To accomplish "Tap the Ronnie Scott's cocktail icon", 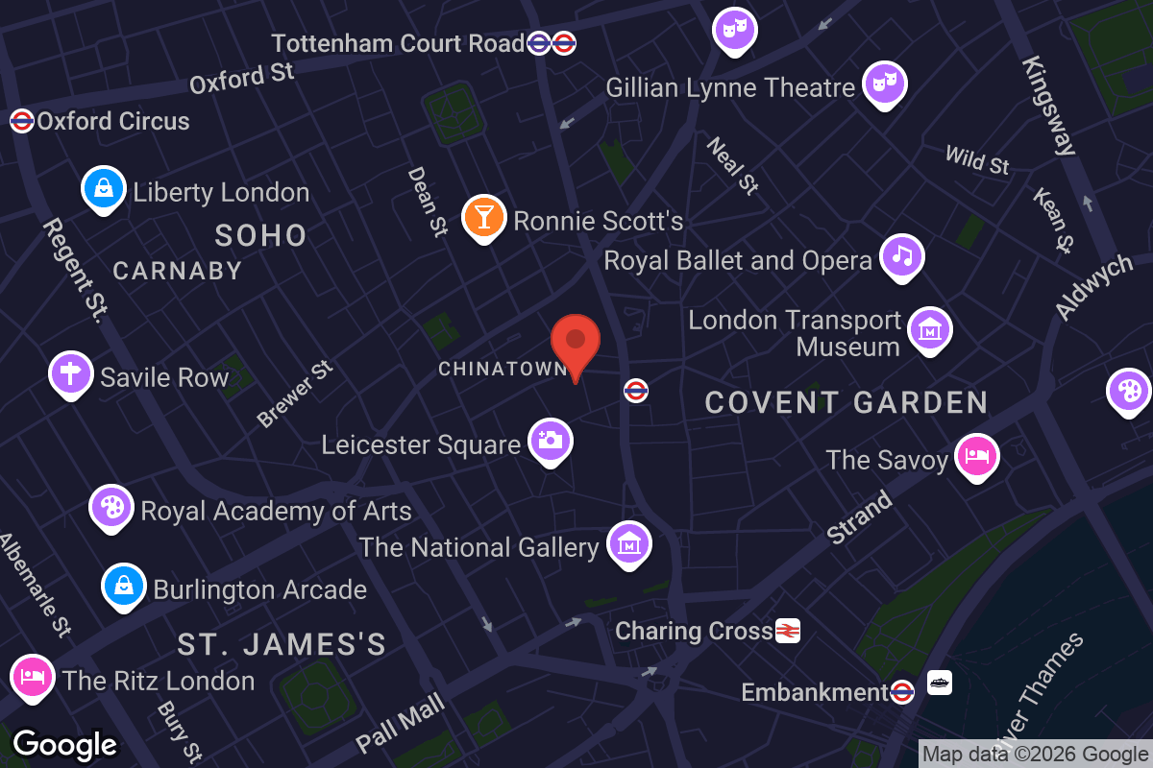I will pos(483,217).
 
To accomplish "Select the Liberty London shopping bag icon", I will pos(104,188).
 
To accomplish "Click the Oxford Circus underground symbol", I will pos(21,121).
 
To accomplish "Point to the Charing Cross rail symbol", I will pos(788,631).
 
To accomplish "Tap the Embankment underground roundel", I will pos(901,691).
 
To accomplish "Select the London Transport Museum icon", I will pos(929,329).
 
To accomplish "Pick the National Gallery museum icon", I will pos(629,543).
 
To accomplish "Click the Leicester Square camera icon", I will pos(551,441).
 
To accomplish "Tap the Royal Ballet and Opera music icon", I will pos(901,256).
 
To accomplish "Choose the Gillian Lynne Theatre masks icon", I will pos(882,84).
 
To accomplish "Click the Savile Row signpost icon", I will pos(71,372).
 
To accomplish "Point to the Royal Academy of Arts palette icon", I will pos(112,508).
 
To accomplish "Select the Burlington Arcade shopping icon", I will pos(125,586).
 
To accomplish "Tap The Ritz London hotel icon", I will pos(32,678).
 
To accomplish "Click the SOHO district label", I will pos(260,235).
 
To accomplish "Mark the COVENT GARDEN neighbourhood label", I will pos(846,402).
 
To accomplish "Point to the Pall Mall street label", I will pos(400,723).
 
